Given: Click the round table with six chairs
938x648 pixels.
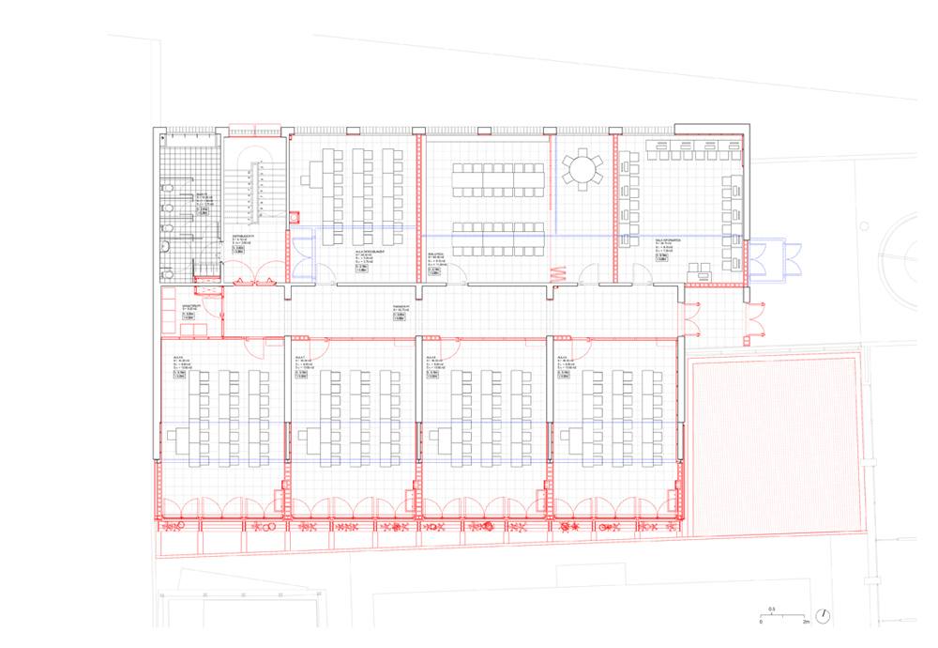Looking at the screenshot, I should [x=583, y=170].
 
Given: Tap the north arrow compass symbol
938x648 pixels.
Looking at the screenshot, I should [x=823, y=615].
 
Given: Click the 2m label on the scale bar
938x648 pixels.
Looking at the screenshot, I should [x=806, y=623].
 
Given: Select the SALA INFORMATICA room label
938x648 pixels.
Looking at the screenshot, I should [x=667, y=240].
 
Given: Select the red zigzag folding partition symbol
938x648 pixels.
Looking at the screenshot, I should [x=555, y=275].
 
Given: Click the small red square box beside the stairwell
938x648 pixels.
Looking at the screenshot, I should [x=295, y=215].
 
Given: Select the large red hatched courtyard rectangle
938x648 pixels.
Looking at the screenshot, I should [x=775, y=445].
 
